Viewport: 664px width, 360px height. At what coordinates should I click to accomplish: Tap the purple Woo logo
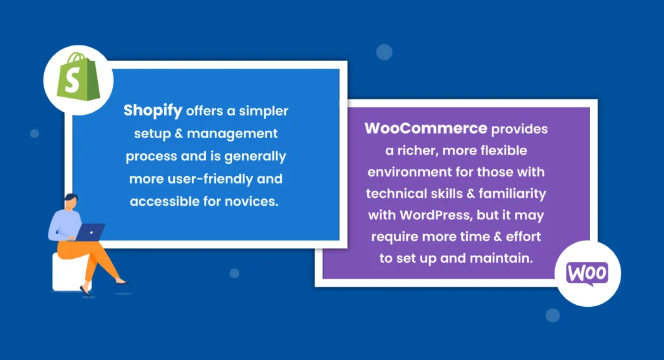[587, 273]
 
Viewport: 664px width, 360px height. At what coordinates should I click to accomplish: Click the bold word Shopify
[153, 111]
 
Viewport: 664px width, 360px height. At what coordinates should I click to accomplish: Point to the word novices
[255, 201]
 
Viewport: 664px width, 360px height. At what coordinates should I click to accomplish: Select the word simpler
[263, 111]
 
